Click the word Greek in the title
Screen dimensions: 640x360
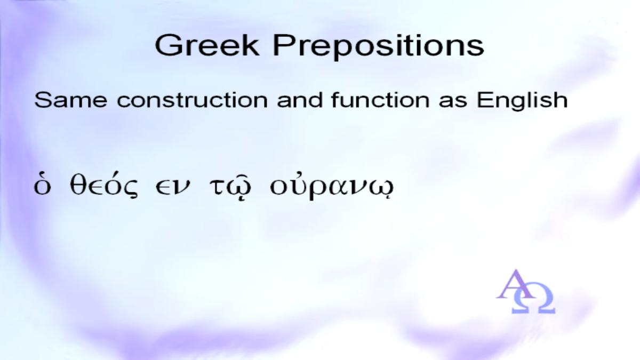[x=207, y=45]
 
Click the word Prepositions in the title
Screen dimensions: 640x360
[x=378, y=47]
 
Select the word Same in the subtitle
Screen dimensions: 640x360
[x=70, y=100]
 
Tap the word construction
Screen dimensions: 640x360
[x=193, y=101]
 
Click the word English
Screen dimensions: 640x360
[x=522, y=101]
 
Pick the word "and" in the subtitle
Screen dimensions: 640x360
[x=299, y=100]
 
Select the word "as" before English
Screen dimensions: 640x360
[x=453, y=101]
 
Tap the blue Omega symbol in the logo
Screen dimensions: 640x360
[x=533, y=298]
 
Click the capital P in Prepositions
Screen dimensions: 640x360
[x=283, y=45]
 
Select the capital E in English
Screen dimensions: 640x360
[x=485, y=100]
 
